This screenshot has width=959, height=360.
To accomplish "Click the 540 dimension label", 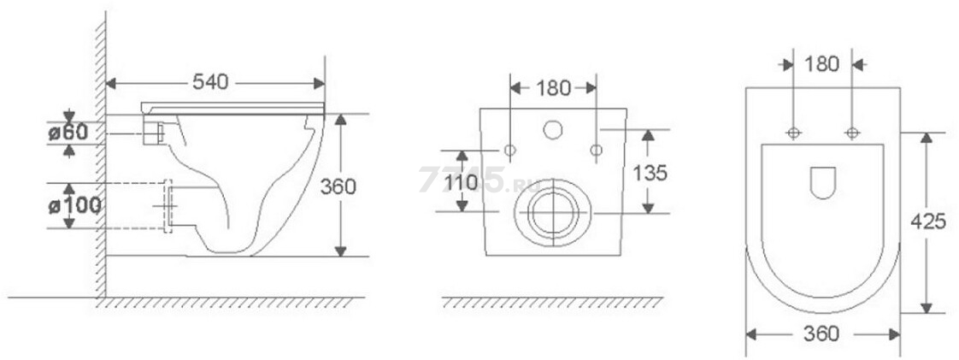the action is (210, 81).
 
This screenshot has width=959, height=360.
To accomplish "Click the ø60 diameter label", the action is (68, 132).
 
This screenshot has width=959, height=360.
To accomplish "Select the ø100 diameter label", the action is (74, 206).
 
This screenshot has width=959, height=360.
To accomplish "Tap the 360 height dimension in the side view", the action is (338, 186).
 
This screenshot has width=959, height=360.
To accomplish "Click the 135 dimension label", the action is (650, 174).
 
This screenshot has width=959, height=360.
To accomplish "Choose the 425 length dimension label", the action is (928, 221).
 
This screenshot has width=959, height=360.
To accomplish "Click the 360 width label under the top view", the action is (821, 334).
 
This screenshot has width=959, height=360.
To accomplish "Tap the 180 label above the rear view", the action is (553, 88).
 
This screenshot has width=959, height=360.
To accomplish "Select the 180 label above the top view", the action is (822, 63).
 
